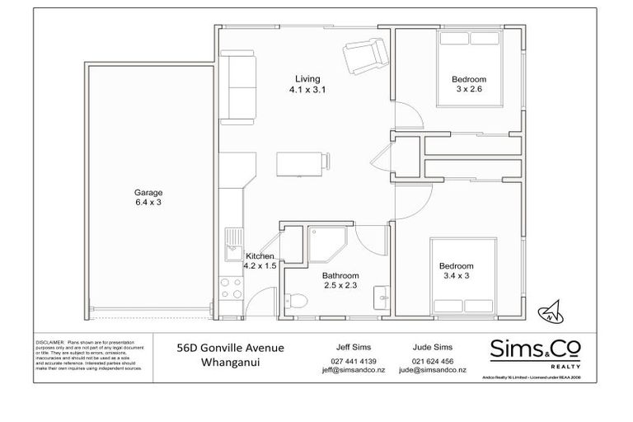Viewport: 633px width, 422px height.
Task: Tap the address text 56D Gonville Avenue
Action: [x=232, y=347]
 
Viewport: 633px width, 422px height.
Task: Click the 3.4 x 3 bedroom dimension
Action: [x=456, y=277]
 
